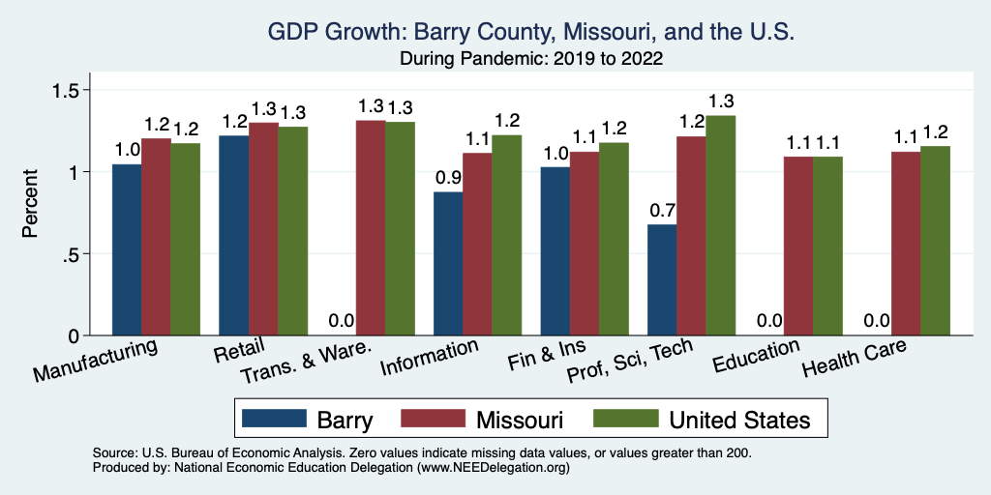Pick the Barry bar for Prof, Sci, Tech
pos(662,280)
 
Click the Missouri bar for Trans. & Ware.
pos(371,228)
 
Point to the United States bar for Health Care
pos(935,241)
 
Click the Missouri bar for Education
pos(798,246)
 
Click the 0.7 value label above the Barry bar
pos(662,211)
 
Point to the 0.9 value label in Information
pos(448,178)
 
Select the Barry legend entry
pos(310,419)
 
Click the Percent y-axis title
pos(31,203)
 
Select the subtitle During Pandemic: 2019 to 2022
pos(530,58)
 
